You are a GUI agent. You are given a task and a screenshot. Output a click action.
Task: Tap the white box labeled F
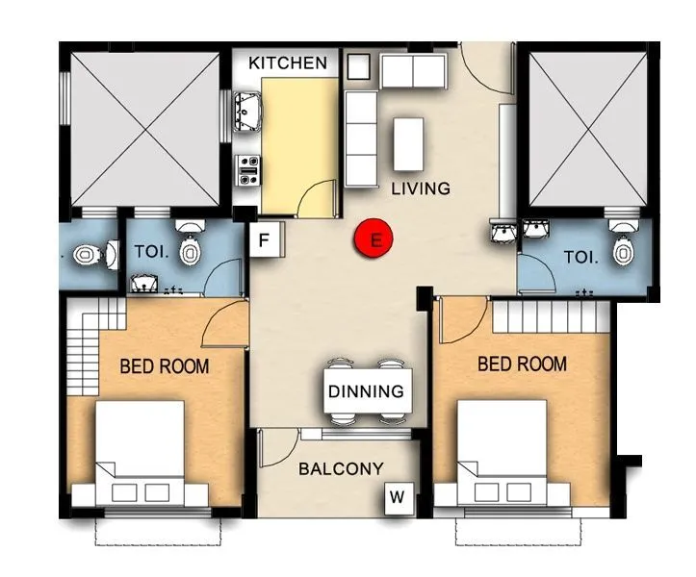point(264,238)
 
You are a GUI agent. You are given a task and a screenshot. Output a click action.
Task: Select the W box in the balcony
point(398,497)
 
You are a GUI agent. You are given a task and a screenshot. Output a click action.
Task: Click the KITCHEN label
point(287,63)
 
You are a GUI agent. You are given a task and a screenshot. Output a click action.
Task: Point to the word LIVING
point(420,188)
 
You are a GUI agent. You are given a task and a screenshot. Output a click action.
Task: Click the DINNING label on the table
point(365,391)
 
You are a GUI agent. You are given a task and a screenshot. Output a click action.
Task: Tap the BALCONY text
point(340,469)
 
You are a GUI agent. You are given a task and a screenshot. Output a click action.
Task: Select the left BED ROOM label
point(164,366)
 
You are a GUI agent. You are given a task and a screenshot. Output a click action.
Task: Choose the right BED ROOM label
point(522,364)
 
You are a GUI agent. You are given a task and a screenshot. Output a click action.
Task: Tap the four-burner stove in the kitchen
point(247,170)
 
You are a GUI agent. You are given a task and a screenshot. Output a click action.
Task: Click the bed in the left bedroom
point(141,452)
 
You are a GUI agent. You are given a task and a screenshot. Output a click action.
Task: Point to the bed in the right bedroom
point(502,450)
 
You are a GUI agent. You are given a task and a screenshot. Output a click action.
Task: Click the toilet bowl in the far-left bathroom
point(85,256)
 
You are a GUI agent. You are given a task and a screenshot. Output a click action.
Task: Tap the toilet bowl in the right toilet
point(624,244)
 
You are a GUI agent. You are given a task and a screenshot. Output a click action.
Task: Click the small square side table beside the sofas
point(359,66)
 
